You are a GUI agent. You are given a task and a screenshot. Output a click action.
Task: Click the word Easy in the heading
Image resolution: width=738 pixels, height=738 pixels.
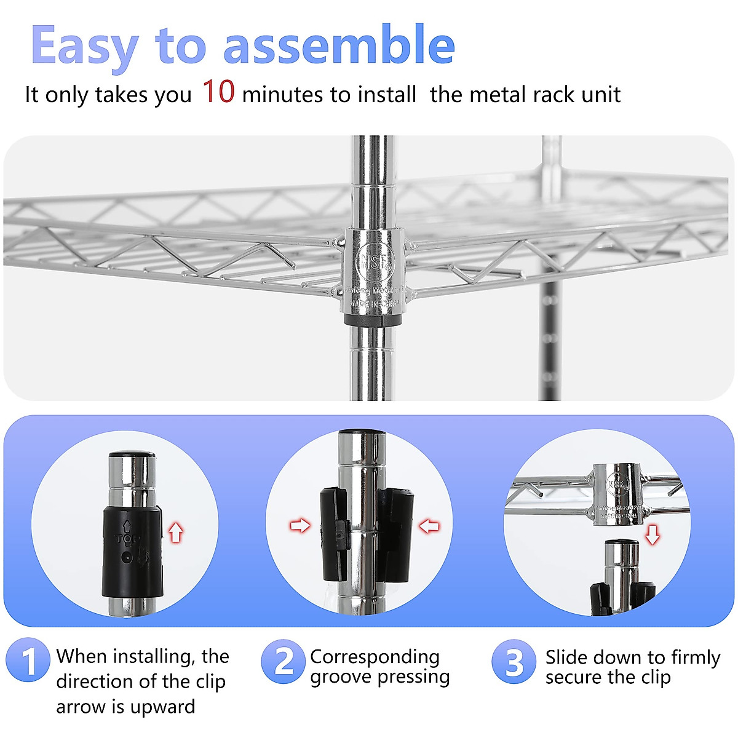click(84, 47)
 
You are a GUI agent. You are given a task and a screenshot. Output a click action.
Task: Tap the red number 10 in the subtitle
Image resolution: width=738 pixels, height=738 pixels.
click(218, 92)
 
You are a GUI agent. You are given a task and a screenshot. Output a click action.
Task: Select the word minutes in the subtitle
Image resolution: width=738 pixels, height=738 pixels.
click(284, 95)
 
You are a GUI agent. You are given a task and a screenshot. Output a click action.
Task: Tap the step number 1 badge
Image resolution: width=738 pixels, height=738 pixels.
click(28, 661)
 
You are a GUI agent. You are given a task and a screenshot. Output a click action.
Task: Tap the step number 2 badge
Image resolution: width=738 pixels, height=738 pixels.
click(283, 661)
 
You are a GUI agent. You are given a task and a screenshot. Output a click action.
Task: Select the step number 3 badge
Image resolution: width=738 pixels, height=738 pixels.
click(514, 662)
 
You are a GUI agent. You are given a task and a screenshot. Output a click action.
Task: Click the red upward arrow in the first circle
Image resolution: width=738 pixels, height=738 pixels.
click(176, 531)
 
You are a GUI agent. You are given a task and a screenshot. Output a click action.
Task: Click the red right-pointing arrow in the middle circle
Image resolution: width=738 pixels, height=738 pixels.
click(300, 525)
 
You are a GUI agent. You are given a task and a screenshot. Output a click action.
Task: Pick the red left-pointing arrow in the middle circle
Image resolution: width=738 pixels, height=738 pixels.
click(429, 525)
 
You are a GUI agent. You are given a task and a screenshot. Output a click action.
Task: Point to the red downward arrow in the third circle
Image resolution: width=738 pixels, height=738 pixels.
click(652, 534)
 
